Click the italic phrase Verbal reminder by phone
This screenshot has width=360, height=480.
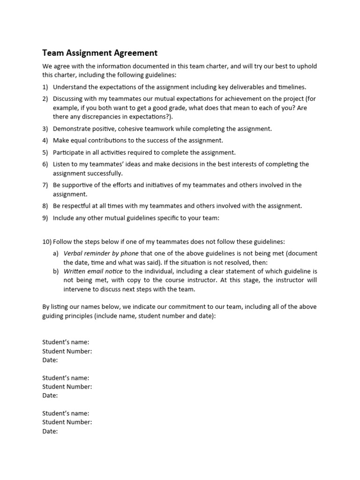click(x=101, y=253)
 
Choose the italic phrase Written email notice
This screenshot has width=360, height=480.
click(x=93, y=271)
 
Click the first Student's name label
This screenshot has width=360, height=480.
click(x=66, y=342)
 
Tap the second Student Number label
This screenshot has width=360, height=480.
click(x=67, y=387)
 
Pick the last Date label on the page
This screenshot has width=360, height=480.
click(x=50, y=431)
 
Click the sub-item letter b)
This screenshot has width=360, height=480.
click(x=56, y=271)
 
